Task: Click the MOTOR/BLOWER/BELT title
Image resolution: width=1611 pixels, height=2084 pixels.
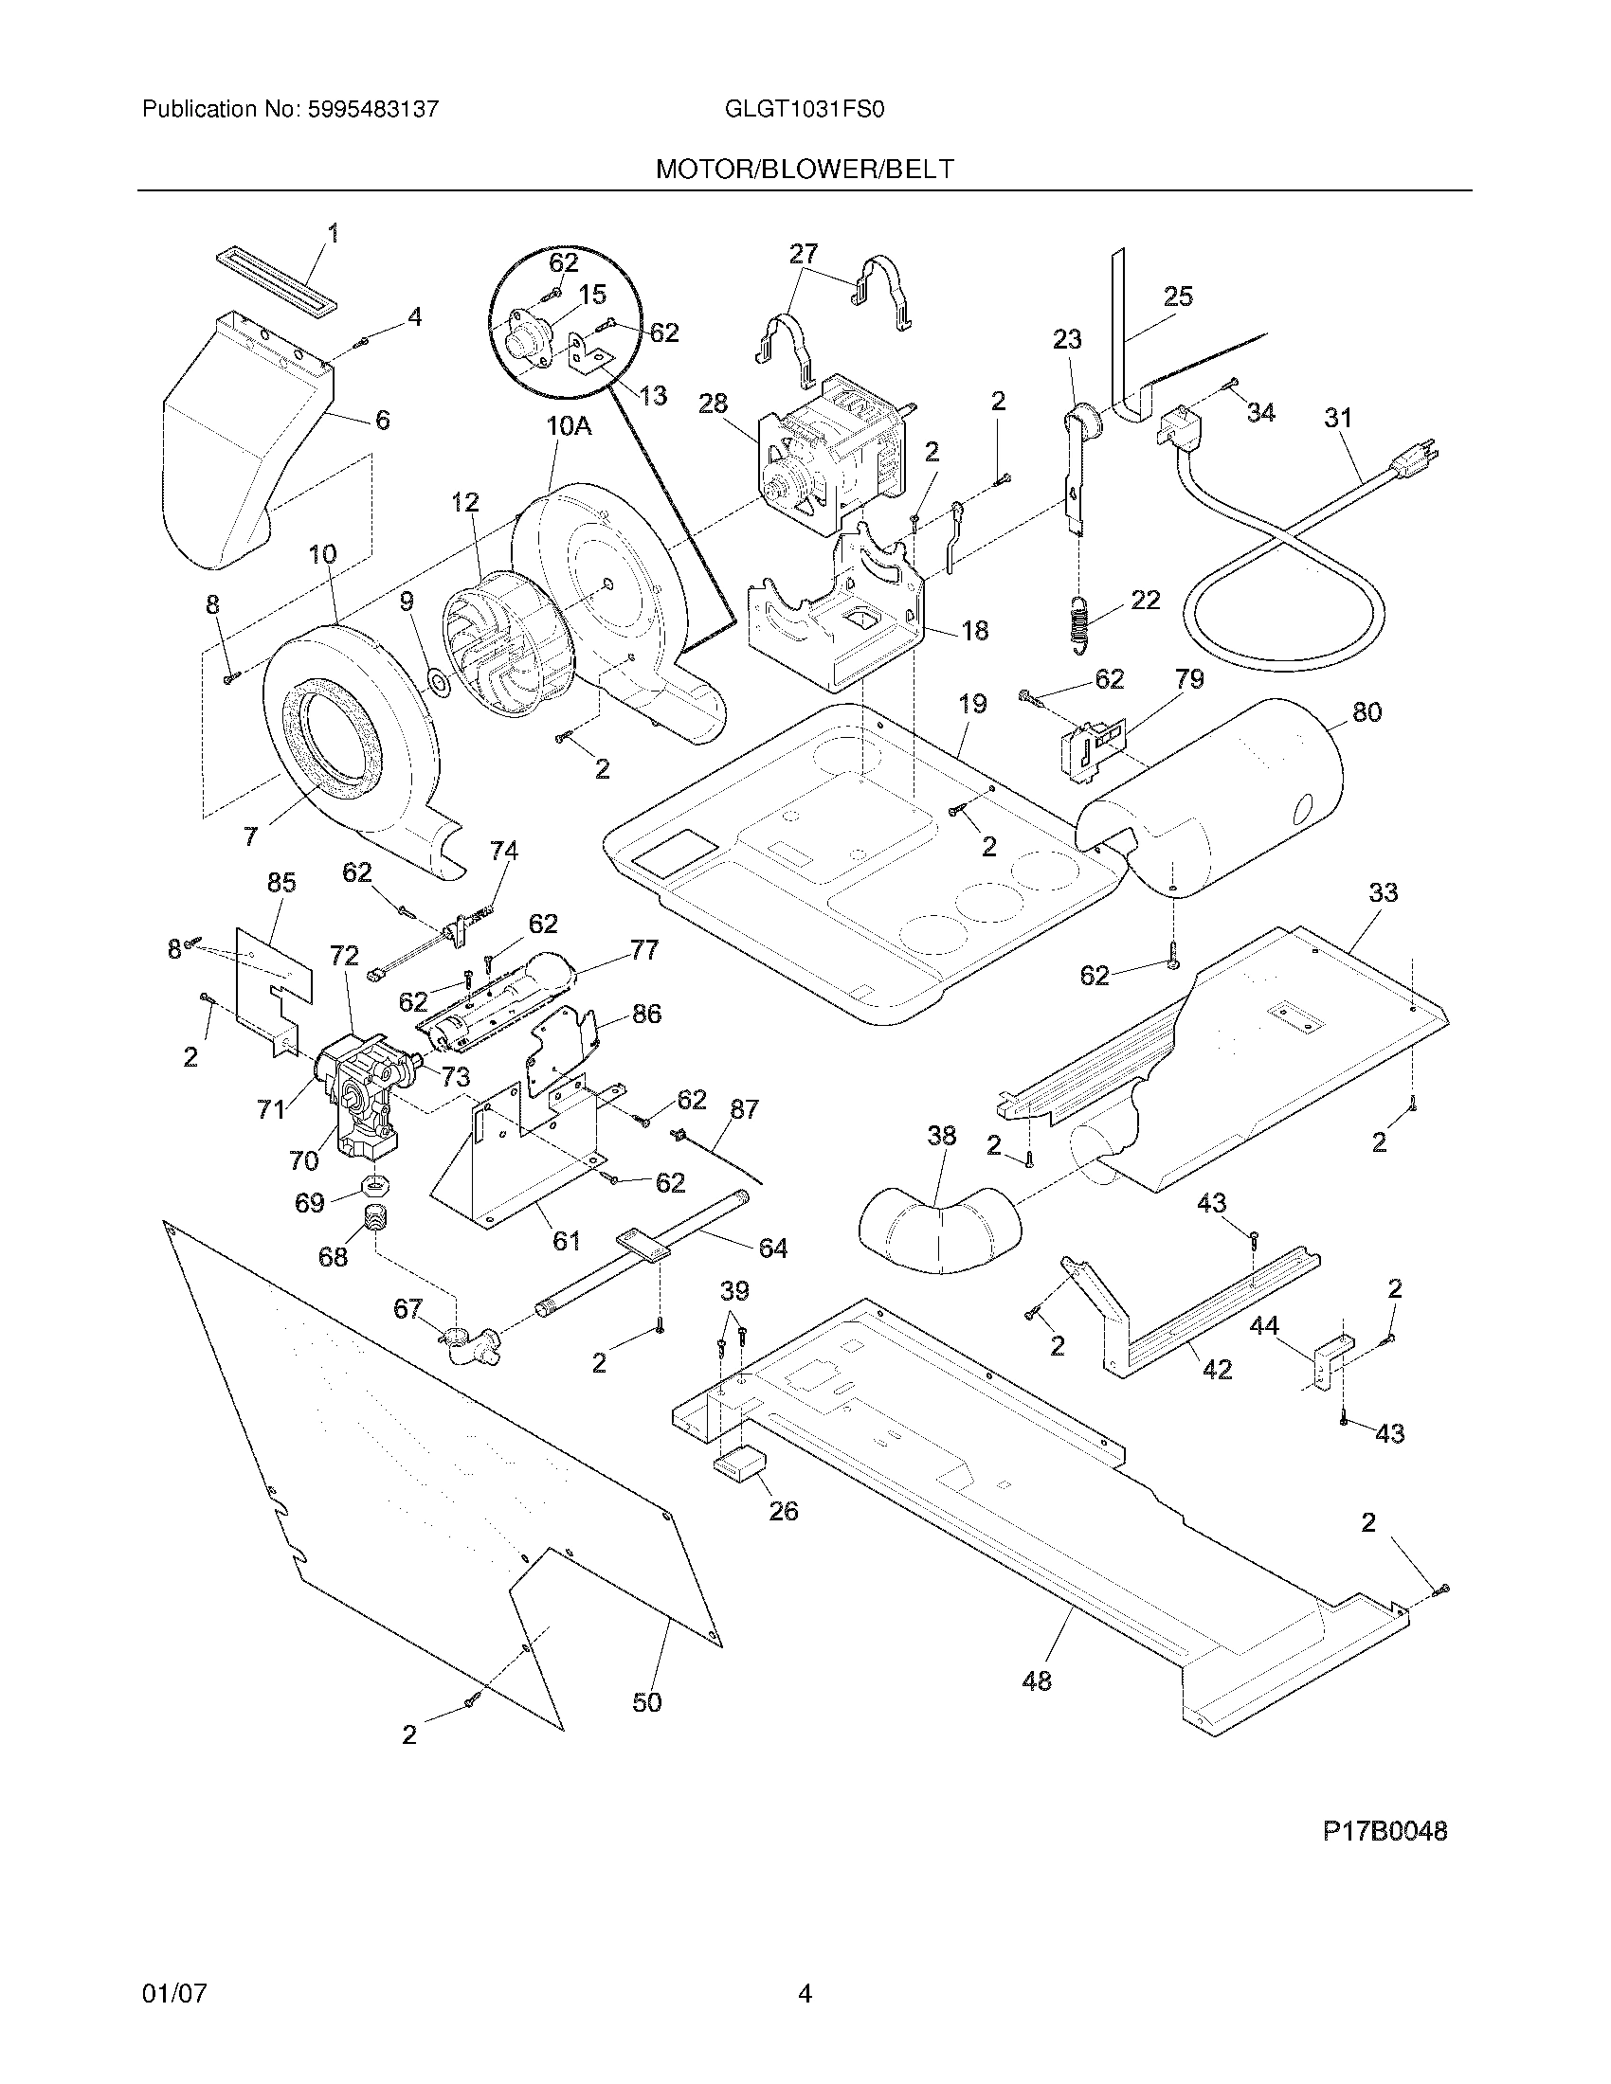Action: coord(804,169)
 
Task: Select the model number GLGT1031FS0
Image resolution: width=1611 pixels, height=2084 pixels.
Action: coord(805,109)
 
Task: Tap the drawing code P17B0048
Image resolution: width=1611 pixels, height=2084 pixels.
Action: coord(1384,1831)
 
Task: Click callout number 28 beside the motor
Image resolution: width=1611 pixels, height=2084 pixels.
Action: coord(713,403)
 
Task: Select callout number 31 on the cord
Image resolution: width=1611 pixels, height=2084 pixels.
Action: coord(1339,417)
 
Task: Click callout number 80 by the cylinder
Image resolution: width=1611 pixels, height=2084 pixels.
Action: coord(1367,711)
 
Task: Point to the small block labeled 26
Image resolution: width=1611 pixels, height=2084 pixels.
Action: coord(742,1462)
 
